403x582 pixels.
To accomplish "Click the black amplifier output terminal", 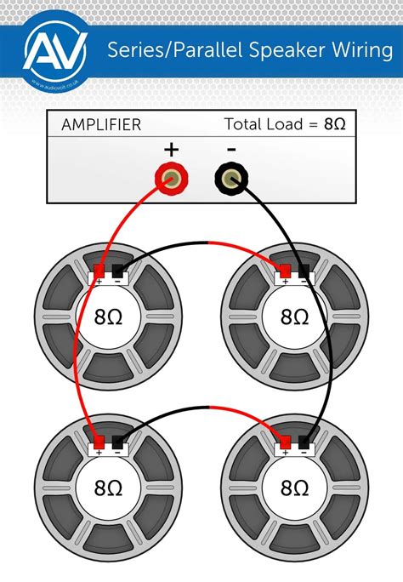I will pos(230,179).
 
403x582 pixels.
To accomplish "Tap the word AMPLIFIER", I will pos(101,124).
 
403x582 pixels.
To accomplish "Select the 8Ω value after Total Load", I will pos(334,124).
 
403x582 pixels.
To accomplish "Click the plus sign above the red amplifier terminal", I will pos(172,150).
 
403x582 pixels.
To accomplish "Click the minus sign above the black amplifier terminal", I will pos(230,149).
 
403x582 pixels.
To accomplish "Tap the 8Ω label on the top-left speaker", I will pos(109,317).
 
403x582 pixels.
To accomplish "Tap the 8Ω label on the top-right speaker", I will pos(294,317).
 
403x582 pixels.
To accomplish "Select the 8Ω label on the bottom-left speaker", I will pos(109,488).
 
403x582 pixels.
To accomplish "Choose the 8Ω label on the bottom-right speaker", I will pos(294,488).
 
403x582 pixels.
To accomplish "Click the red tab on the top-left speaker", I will pos(99,272).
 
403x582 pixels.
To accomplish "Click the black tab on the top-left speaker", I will pos(118,272).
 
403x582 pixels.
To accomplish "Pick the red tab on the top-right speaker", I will pos(285,272).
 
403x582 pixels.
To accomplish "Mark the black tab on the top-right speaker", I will pos(304,272).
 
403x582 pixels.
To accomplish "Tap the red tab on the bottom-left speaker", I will pos(99,442).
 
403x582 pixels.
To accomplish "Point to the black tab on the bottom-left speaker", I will pos(118,442).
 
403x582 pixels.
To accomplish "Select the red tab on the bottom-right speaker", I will pos(285,442).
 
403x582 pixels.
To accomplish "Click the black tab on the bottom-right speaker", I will pos(304,442).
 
